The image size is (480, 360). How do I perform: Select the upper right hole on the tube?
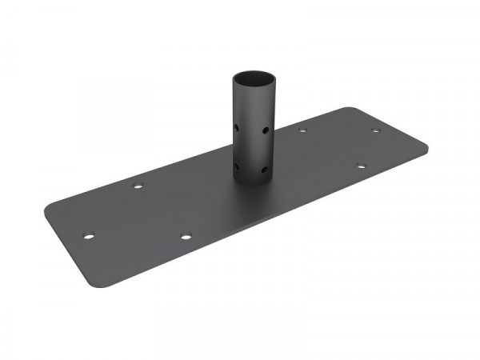(264, 128)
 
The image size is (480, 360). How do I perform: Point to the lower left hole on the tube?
(238, 167)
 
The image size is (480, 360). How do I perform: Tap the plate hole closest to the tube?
(302, 130)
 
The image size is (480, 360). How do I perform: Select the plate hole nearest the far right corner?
(375, 130)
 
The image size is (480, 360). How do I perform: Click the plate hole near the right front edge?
(361, 166)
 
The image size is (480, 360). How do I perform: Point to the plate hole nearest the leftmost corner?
(89, 236)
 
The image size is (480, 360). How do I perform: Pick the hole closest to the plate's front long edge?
(186, 236)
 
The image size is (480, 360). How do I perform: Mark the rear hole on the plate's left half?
(138, 186)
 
